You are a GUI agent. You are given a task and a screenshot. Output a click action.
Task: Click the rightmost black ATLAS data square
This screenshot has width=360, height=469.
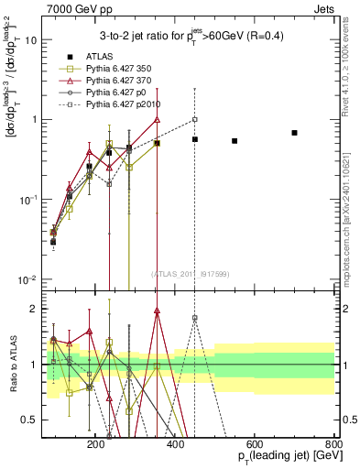[x=294, y=133]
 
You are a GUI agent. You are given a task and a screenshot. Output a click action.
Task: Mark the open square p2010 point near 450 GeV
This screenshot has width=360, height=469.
[x=195, y=119]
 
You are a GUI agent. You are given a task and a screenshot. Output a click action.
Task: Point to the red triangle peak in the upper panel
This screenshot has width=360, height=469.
[x=158, y=119]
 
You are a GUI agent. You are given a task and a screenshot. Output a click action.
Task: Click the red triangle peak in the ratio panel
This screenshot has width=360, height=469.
[x=158, y=311]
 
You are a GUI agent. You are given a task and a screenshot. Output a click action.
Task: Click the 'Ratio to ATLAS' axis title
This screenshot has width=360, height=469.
[x=10, y=363]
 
